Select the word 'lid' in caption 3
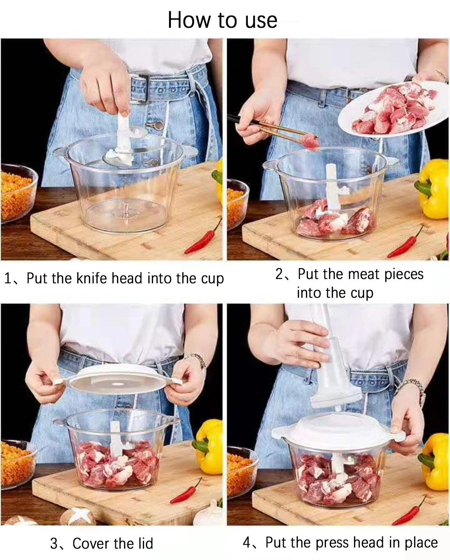(145, 543)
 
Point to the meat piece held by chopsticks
(311, 142)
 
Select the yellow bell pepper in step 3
(210, 445)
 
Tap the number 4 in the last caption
(247, 542)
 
